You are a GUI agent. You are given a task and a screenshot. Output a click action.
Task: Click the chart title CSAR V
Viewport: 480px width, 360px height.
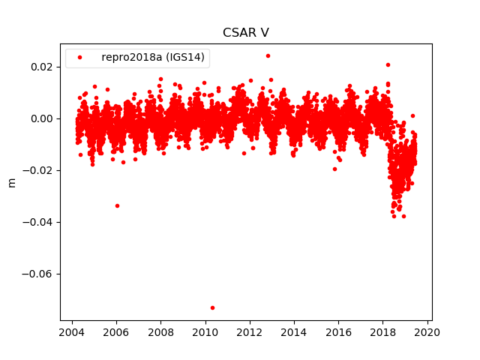click(x=245, y=33)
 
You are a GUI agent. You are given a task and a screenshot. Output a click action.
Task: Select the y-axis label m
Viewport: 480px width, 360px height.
click(x=11, y=182)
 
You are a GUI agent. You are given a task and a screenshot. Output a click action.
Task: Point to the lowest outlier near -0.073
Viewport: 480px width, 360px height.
click(x=212, y=307)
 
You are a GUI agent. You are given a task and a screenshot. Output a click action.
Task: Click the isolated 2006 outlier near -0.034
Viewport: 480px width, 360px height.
click(x=117, y=205)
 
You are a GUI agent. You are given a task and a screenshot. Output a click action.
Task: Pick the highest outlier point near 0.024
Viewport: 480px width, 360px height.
click(x=268, y=55)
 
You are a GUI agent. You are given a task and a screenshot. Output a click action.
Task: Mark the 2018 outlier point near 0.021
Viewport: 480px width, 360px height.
click(x=388, y=64)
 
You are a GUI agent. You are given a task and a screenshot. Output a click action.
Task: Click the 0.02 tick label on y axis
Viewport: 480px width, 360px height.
click(x=42, y=67)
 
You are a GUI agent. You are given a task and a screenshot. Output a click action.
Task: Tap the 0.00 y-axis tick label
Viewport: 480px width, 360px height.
click(x=42, y=118)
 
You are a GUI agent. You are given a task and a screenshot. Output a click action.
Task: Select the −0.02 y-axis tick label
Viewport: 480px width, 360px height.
click(x=39, y=170)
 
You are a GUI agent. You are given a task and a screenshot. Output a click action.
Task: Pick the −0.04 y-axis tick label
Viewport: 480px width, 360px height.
click(x=39, y=222)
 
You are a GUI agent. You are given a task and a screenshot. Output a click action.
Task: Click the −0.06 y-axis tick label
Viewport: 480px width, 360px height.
click(x=39, y=274)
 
